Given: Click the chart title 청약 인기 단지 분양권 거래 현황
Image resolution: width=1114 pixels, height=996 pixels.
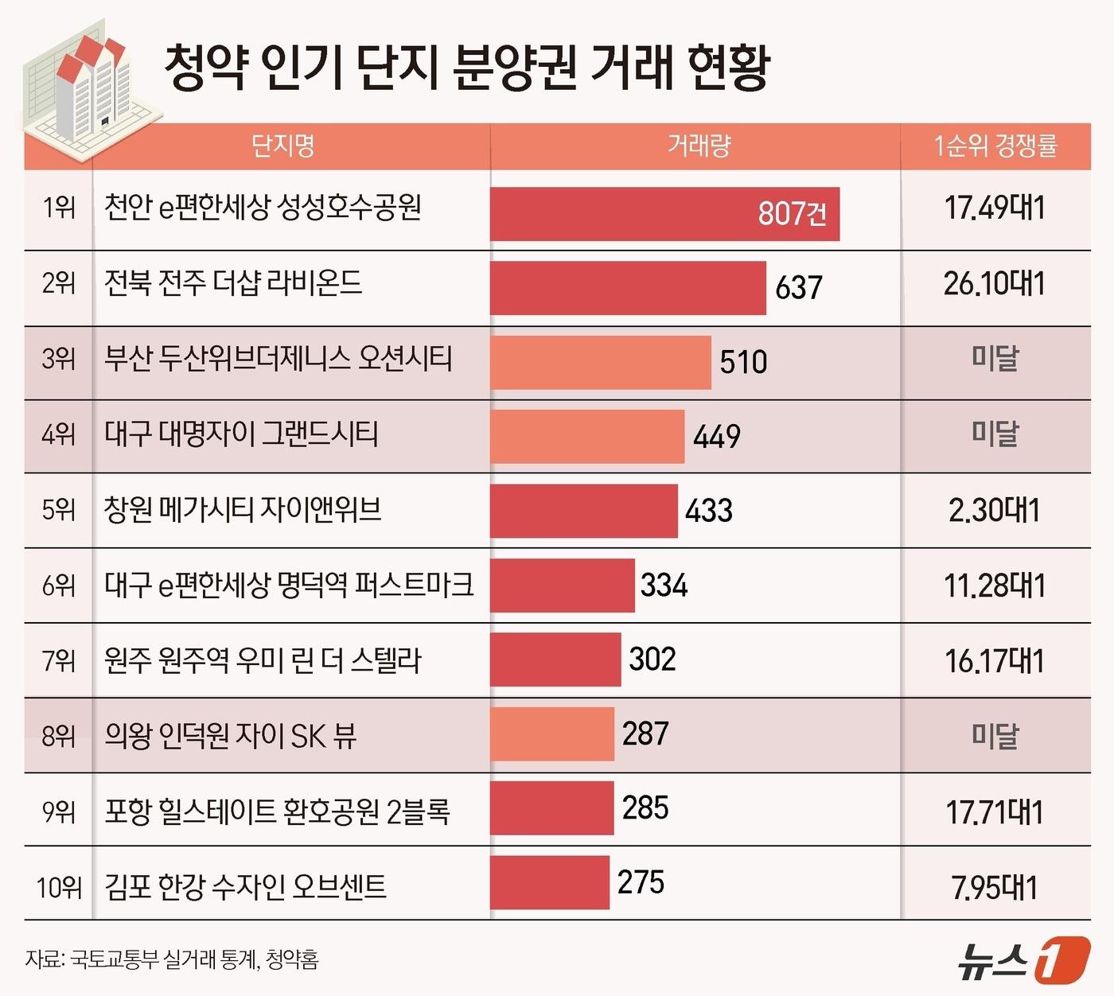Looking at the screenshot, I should point(466,67).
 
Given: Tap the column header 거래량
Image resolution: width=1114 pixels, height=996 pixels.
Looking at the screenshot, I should point(698,146).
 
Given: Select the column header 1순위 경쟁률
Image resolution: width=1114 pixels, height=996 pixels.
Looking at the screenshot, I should point(995,146).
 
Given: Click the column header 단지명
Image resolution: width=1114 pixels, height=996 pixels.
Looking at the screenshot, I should point(283,146).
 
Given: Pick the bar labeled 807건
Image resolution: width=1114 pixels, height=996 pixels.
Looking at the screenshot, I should point(664,214).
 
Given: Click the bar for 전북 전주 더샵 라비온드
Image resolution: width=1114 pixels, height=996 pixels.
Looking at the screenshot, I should point(627,288).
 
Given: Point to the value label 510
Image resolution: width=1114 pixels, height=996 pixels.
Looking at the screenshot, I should point(743,362).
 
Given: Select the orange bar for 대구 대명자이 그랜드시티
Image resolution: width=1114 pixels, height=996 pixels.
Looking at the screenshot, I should point(586,436).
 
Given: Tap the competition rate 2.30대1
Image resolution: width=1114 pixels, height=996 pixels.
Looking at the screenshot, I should point(995,511).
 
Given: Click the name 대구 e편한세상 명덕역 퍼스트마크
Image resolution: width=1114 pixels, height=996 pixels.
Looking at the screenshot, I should point(289,586).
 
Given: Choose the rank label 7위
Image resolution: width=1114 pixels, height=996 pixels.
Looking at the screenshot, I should point(59,660).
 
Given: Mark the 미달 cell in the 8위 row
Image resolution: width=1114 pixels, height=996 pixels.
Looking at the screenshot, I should point(995,735).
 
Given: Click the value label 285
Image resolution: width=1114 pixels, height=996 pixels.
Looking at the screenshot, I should point(645,808).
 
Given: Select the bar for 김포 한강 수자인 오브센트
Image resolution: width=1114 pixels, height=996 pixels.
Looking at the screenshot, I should point(549,883).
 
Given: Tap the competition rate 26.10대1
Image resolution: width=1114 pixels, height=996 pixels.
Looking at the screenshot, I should point(995,284).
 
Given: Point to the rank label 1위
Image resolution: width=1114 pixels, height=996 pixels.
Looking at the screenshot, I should point(59,208).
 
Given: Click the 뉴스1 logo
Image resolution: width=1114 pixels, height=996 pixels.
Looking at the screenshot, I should point(1022,960).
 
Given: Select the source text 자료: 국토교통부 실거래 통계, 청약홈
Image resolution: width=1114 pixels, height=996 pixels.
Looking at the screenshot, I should point(172,960).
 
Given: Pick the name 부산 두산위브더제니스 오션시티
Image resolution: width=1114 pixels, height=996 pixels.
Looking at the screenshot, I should point(278,359).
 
